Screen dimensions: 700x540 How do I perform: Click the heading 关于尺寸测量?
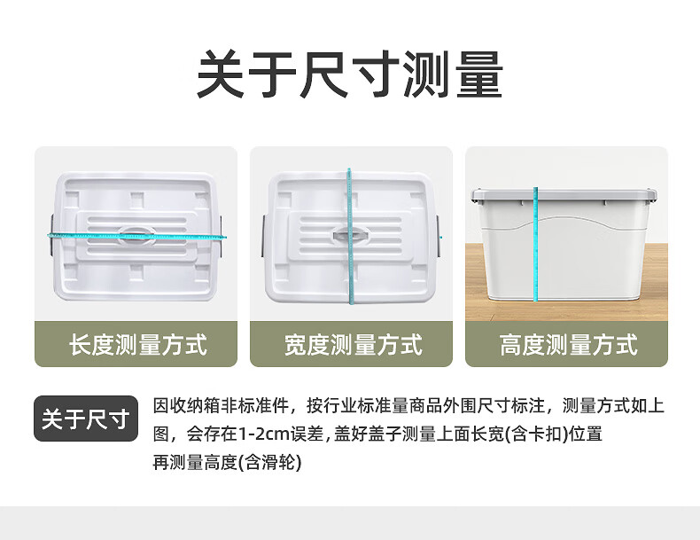click(x=350, y=75)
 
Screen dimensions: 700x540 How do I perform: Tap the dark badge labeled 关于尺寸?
click(x=86, y=419)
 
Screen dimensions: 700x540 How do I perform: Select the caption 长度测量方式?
click(x=138, y=345)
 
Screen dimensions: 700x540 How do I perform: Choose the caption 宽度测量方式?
click(x=354, y=345)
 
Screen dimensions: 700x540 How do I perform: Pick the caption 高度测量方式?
click(x=568, y=345)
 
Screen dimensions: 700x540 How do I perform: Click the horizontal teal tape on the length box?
click(x=136, y=235)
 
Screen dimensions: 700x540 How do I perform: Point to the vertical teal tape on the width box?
click(x=350, y=237)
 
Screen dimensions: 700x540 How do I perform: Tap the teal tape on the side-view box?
click(x=535, y=245)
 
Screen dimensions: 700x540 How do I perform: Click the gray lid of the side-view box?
click(x=564, y=195)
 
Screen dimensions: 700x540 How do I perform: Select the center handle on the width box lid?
click(x=351, y=235)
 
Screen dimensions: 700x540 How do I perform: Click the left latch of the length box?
click(x=52, y=235)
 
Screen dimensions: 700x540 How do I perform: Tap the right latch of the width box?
click(x=439, y=235)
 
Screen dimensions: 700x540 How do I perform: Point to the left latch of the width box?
click(x=264, y=235)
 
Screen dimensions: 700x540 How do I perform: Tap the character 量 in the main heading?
click(x=479, y=75)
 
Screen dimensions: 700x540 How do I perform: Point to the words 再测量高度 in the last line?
click(x=195, y=462)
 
